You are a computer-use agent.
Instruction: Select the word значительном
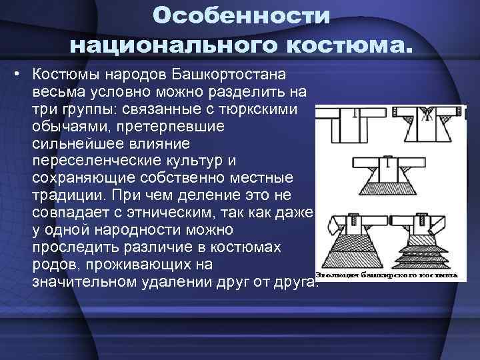pos(85,283)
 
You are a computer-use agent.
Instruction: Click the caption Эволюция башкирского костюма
pos(385,275)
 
